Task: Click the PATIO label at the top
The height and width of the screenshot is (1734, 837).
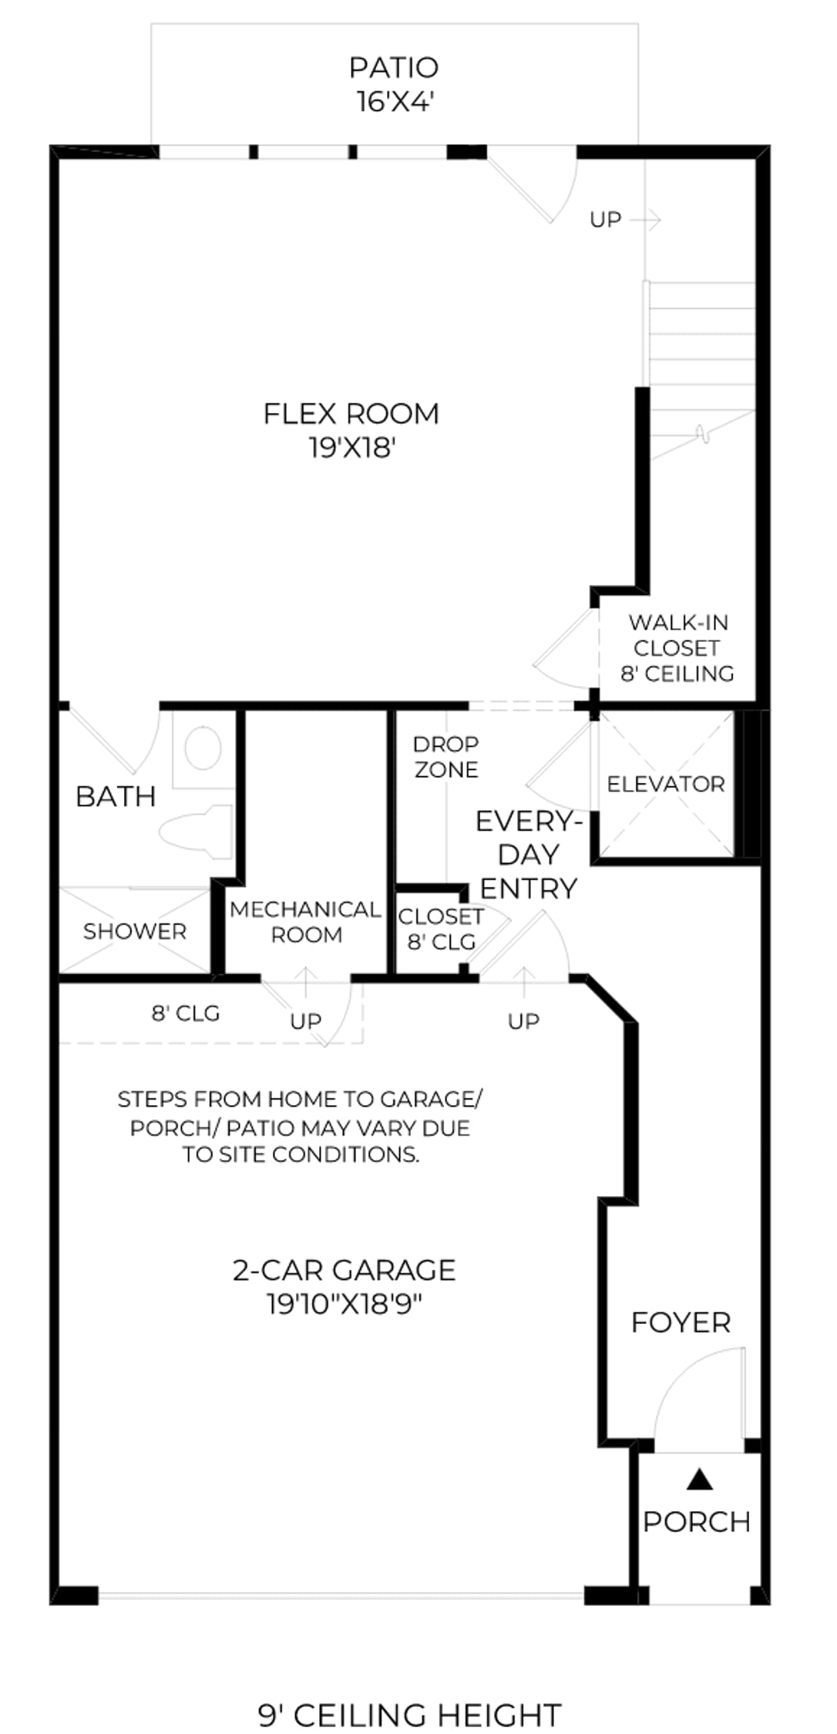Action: coord(394,68)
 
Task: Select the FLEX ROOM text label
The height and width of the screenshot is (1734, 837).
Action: coord(351,414)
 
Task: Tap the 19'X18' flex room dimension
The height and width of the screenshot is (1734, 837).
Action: coord(352,448)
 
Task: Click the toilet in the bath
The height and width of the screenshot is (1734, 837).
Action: coord(197,832)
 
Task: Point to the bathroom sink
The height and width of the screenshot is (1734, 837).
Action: coord(203,748)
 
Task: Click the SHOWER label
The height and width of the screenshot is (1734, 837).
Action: coord(135,931)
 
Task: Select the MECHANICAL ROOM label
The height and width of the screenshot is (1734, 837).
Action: coord(305,922)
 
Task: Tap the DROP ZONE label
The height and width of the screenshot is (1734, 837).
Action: coord(446,757)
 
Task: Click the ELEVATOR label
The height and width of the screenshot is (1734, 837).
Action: coord(666,785)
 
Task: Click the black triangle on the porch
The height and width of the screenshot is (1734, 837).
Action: coord(699,1477)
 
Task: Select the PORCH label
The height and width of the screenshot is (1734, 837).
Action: coord(697,1521)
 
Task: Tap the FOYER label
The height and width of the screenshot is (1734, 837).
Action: coord(681,1322)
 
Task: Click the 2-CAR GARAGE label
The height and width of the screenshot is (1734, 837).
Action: coord(345,1270)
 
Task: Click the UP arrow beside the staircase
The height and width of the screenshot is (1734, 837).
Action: coord(645,220)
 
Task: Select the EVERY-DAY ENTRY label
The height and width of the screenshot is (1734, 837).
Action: coord(528,855)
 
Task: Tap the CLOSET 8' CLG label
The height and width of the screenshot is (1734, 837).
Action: coord(441,929)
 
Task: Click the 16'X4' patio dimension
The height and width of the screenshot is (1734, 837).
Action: coord(394,102)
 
